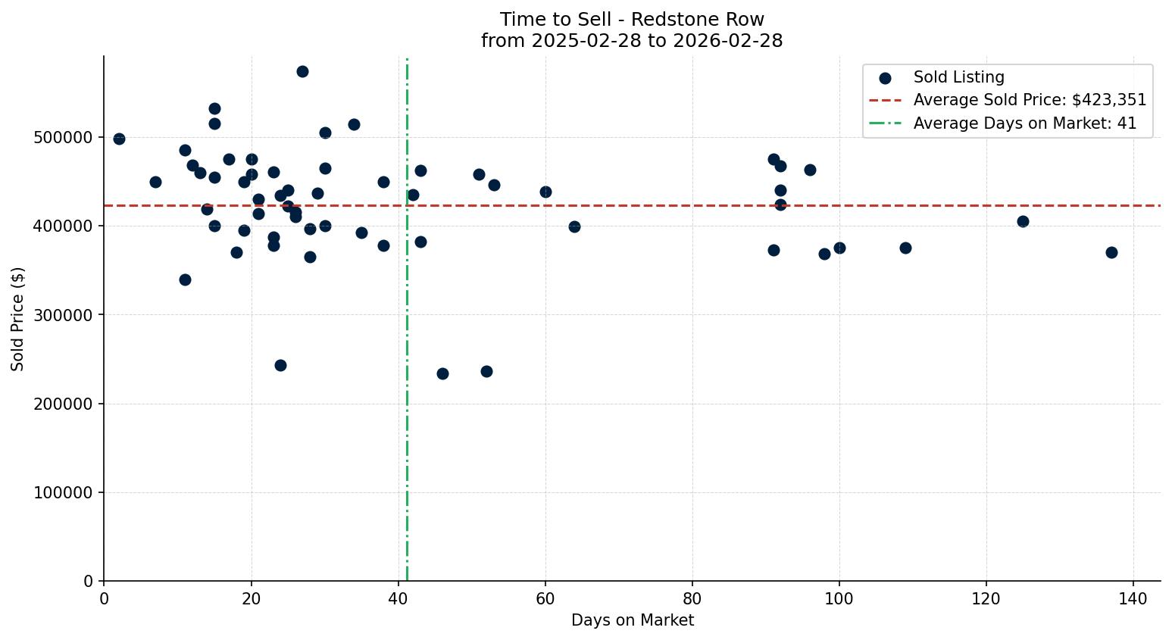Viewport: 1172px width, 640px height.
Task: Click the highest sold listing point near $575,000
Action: pyautogui.click(x=302, y=72)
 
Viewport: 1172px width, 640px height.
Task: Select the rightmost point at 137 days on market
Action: pyautogui.click(x=1111, y=253)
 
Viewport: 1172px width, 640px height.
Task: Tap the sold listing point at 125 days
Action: pyautogui.click(x=1023, y=222)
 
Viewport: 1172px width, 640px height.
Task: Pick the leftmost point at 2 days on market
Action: pyautogui.click(x=119, y=139)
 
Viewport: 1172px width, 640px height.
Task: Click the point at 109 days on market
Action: pyautogui.click(x=905, y=248)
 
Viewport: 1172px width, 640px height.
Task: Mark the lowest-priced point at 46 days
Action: pyautogui.click(x=442, y=374)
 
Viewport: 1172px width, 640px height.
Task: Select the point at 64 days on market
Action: pyautogui.click(x=574, y=227)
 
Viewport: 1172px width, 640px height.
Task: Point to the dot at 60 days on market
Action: pyautogui.click(x=545, y=192)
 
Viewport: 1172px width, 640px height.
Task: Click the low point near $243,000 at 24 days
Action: pyautogui.click(x=280, y=366)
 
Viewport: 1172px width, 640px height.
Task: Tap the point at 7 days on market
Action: pyautogui.click(x=155, y=183)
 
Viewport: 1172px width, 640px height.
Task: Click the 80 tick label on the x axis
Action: pyautogui.click(x=692, y=598)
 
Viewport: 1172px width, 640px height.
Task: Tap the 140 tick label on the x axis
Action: pyautogui.click(x=1133, y=598)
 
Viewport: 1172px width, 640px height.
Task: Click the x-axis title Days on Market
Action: pyautogui.click(x=633, y=620)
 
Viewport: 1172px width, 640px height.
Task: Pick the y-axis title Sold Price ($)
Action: pyautogui.click(x=17, y=319)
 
